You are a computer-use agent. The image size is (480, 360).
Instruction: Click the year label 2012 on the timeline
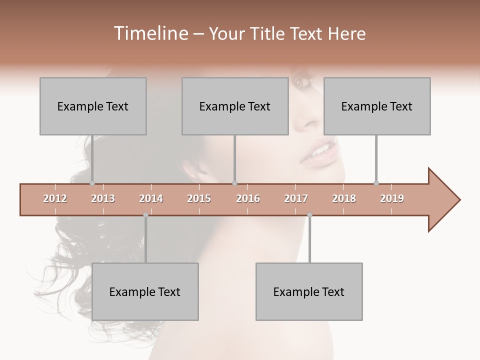tap(55, 198)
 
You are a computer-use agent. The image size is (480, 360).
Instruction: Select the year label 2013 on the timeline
tap(103, 198)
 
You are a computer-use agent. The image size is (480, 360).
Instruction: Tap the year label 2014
tap(151, 198)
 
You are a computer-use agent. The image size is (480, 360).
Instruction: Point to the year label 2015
tap(199, 198)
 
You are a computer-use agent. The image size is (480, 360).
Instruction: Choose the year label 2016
tap(248, 198)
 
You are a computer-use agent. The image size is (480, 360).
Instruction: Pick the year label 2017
tap(296, 198)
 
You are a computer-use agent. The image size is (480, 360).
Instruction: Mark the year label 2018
tap(344, 198)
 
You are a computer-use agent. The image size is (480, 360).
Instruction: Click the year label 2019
tap(392, 198)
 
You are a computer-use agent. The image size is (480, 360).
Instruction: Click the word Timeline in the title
tap(150, 33)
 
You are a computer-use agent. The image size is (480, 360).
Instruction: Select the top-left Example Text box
tap(93, 106)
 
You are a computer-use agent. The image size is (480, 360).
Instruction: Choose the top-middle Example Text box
tap(235, 106)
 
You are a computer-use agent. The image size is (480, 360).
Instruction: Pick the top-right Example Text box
tap(377, 106)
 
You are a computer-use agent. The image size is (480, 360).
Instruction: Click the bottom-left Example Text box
tap(145, 291)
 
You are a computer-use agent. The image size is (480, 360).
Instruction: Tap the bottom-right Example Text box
tap(309, 291)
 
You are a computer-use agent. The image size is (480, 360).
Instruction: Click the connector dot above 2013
tap(92, 183)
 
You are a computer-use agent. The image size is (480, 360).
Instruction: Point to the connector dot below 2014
tap(145, 215)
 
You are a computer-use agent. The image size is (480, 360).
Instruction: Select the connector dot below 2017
tap(309, 215)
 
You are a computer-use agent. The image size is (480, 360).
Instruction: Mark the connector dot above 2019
tap(376, 183)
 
